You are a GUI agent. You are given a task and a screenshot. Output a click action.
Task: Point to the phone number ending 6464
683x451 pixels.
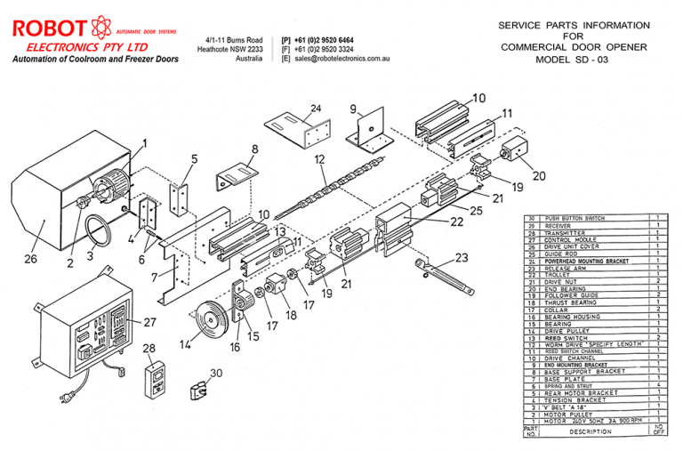[x=324, y=40]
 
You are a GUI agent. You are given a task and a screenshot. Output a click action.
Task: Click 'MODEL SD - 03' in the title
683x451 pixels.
[x=573, y=60]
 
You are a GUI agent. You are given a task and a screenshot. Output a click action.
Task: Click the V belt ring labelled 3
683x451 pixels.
[x=100, y=233]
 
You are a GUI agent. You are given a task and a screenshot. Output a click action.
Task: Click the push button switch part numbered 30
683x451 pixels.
[x=198, y=389]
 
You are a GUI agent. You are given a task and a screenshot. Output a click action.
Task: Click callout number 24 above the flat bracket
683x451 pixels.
[x=314, y=109]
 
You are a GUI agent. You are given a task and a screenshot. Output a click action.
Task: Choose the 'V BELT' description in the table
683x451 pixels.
[x=566, y=407]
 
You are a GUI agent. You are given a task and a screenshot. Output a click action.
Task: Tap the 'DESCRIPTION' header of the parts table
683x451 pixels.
[x=591, y=431]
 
